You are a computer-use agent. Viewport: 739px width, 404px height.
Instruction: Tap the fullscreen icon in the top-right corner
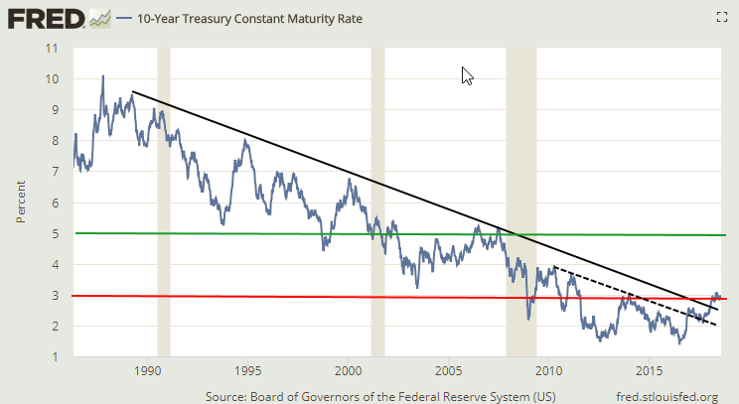tap(721, 16)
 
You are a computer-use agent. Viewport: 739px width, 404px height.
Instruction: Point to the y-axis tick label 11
tap(53, 48)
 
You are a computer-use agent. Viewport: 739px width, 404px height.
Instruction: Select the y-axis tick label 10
tap(53, 78)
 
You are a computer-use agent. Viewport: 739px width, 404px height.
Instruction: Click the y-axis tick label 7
tap(55, 172)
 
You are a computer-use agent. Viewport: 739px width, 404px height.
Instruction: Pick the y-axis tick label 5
tap(55, 233)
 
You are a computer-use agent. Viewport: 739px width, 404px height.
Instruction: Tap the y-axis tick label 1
tap(55, 357)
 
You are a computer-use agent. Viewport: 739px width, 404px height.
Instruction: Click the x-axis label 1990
tap(147, 372)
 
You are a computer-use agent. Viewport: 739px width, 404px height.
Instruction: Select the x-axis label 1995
tap(247, 372)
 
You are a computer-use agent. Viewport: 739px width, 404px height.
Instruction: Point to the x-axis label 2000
tap(348, 372)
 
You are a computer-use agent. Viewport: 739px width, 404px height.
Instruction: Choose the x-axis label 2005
tap(448, 372)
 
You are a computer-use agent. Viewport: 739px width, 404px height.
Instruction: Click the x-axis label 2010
tap(548, 372)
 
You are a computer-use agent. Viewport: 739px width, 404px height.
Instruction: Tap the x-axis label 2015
tap(649, 372)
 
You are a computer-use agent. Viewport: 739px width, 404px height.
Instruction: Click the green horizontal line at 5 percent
tap(298, 234)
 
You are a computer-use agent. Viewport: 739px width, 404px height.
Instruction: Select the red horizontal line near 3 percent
tap(298, 297)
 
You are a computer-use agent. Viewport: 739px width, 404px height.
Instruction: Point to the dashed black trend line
tap(636, 297)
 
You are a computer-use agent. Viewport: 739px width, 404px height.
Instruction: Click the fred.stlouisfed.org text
tap(666, 397)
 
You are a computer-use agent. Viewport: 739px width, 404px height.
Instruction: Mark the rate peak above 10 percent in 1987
tap(102, 76)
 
